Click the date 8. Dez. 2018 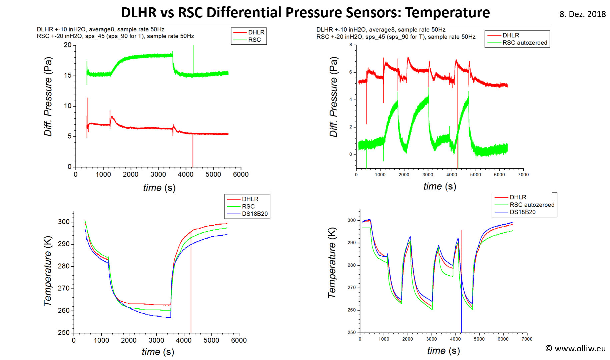[x=582, y=14]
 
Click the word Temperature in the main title [x=447, y=13]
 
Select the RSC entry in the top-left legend [x=254, y=40]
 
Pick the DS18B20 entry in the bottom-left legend [x=254, y=214]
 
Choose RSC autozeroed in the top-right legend [x=525, y=43]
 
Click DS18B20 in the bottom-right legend [x=522, y=212]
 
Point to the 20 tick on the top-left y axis [x=68, y=45]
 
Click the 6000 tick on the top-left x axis [x=240, y=174]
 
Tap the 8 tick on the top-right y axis [x=351, y=45]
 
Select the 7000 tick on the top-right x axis [x=523, y=175]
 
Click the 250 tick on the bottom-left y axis [x=64, y=332]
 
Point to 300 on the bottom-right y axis [x=352, y=220]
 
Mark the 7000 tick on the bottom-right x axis [x=527, y=339]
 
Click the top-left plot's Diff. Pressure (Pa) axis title [x=48, y=97]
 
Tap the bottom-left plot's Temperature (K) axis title [x=48, y=271]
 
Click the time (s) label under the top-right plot [x=440, y=186]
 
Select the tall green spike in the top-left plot [x=193, y=57]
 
